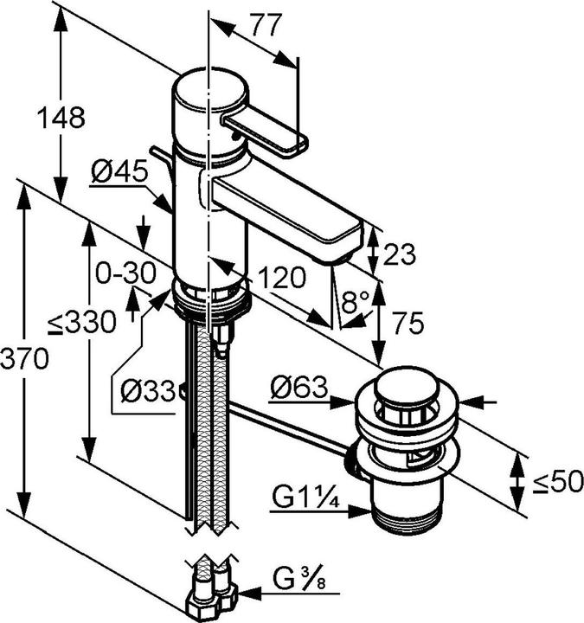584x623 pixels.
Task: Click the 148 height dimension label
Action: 61,118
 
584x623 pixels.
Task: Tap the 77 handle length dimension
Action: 266,24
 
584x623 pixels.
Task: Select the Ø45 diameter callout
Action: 119,171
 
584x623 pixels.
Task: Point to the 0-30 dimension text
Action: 125,273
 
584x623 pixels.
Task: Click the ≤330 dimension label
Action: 82,322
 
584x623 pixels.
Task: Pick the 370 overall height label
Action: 24,358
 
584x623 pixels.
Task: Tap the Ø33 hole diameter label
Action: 148,391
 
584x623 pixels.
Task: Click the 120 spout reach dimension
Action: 282,277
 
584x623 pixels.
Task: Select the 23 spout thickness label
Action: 399,254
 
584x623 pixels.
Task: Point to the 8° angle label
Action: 356,302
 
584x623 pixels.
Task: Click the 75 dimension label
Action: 408,323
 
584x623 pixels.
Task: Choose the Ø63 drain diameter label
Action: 299,387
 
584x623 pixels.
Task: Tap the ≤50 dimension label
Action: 558,481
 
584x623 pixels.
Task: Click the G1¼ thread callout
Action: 305,497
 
